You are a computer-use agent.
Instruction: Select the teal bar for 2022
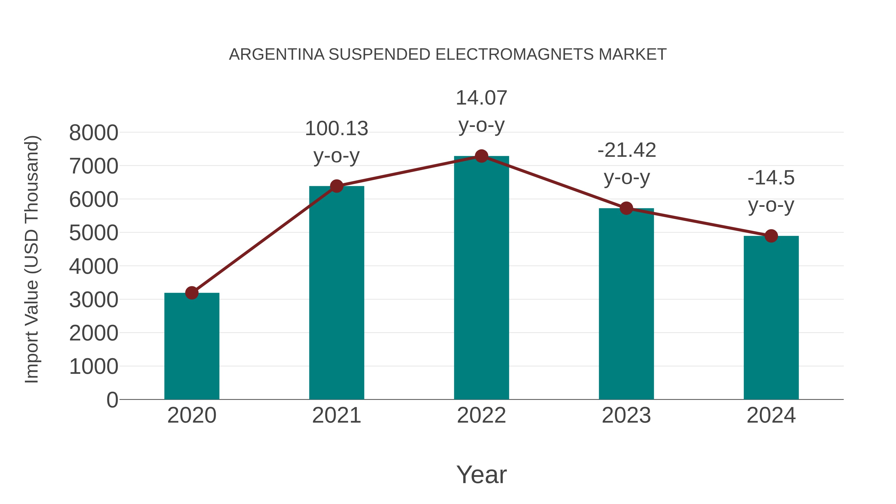(x=481, y=278)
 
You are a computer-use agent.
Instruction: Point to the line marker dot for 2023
(x=626, y=208)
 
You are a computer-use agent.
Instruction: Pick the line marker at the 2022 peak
(x=481, y=156)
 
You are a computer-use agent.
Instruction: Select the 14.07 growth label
(x=481, y=111)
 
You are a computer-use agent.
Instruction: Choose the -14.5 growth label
(x=771, y=191)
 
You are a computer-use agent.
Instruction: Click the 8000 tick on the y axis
(x=94, y=133)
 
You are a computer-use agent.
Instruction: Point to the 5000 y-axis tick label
(x=94, y=233)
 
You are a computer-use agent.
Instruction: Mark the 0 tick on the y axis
(x=112, y=400)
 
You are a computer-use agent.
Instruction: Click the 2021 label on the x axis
(x=336, y=415)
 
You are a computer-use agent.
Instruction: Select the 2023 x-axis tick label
(x=626, y=415)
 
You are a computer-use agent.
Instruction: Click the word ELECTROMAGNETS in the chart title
(x=514, y=55)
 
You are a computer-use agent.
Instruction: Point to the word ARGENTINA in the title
(x=277, y=55)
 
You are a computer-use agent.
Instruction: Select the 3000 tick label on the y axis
(x=94, y=300)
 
